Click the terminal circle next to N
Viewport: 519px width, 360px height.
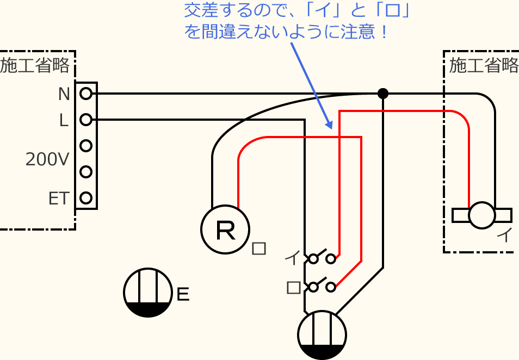click(85, 94)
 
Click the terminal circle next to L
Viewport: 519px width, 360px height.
click(85, 120)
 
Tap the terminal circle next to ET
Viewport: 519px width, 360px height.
click(85, 198)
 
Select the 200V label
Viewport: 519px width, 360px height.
click(48, 159)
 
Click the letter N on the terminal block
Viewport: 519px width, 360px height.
click(64, 94)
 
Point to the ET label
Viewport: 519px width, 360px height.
click(59, 198)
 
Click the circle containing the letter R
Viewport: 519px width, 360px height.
click(225, 229)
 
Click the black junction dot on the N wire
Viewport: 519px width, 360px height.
click(383, 94)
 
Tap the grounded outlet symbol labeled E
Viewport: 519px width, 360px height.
click(148, 293)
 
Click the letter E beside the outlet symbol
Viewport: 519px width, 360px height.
click(183, 295)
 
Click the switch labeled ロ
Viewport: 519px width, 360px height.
click(322, 286)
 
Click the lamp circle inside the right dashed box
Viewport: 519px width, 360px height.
click(482, 215)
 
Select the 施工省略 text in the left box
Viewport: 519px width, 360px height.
click(35, 66)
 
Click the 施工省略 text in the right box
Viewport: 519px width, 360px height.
click(484, 66)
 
